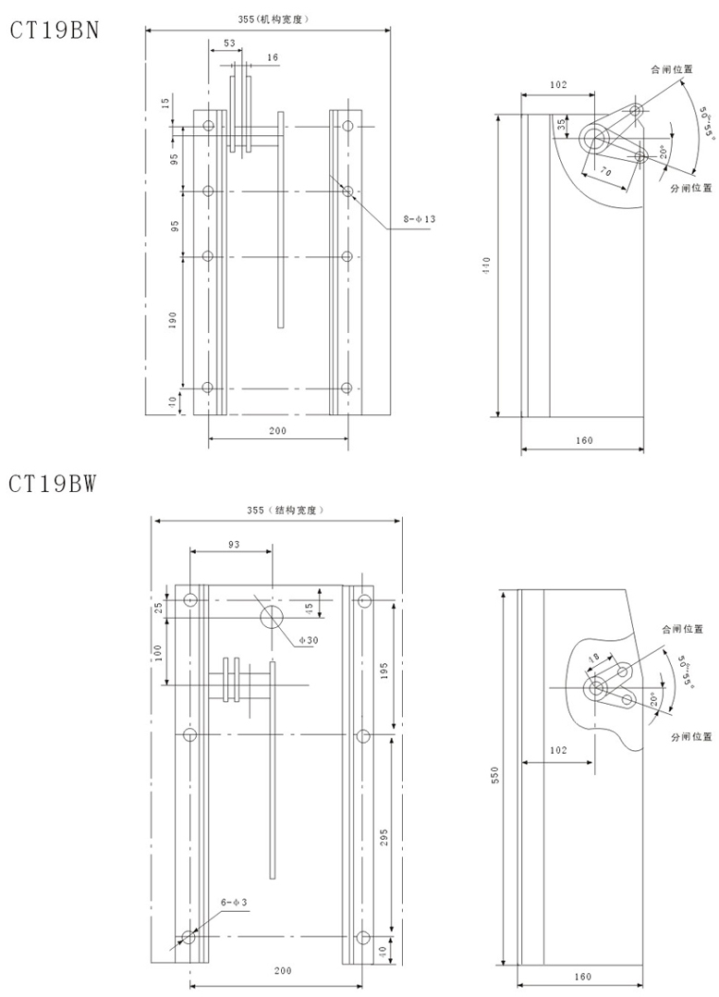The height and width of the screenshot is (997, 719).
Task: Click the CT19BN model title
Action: [x=54, y=30]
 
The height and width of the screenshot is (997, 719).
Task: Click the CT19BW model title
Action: [x=53, y=483]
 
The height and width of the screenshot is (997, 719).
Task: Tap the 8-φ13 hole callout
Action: [x=420, y=218]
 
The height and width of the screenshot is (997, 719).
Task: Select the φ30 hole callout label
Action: [x=308, y=640]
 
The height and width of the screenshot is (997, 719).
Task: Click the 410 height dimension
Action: [x=486, y=265]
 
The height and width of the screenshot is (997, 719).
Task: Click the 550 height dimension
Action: [x=495, y=774]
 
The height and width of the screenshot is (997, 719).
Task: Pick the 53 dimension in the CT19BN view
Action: [x=229, y=43]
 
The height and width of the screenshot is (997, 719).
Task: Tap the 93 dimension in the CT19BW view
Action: [x=234, y=544]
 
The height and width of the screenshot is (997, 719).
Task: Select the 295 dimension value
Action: [x=383, y=841]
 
